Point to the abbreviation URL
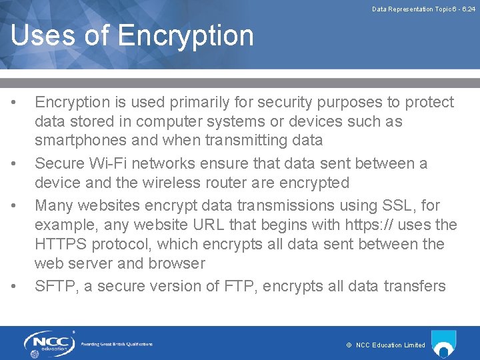pyautogui.click(x=209, y=225)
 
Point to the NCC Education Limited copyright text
pyautogui.click(x=386, y=345)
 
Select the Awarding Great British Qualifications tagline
pyautogui.click(x=117, y=344)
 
